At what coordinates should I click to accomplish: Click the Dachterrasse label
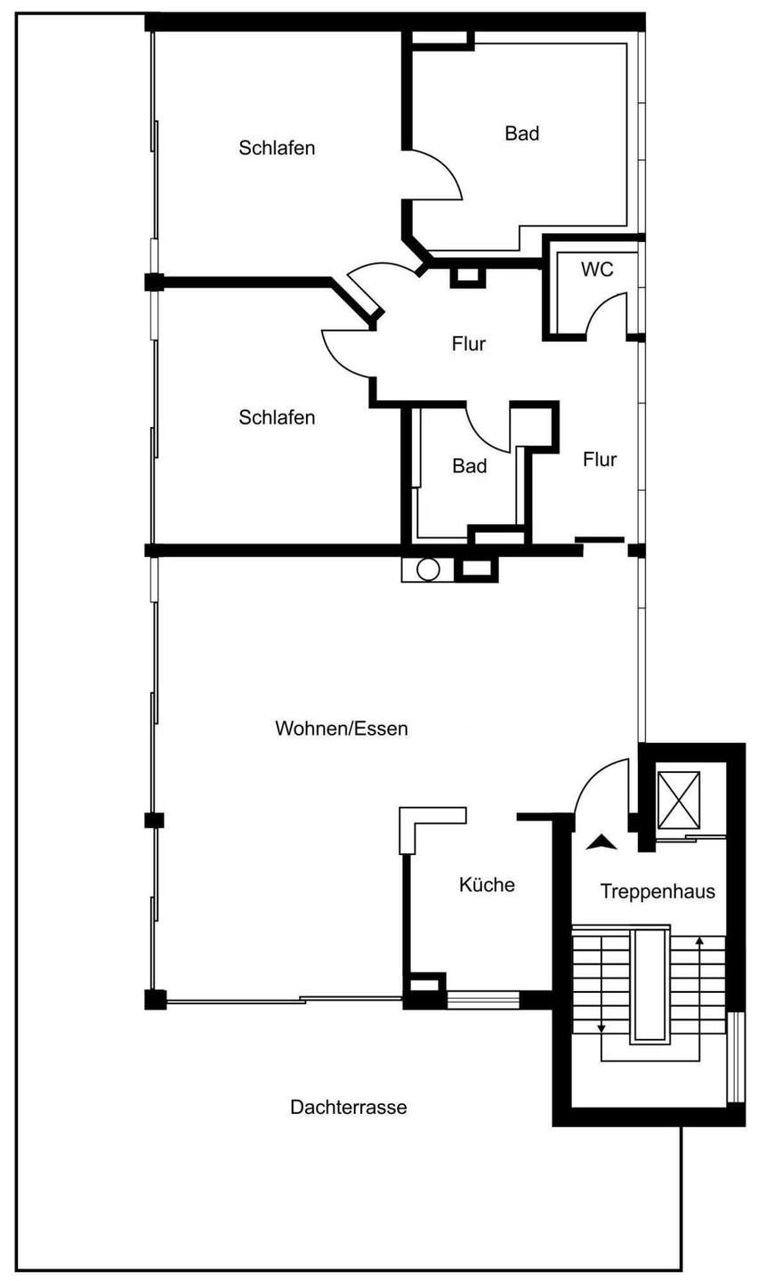coord(349,1107)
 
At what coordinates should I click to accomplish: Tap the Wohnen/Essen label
coord(342,728)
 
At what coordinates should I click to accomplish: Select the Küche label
coord(487,884)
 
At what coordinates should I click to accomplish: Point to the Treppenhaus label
coord(657,891)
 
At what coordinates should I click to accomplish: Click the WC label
coord(597,269)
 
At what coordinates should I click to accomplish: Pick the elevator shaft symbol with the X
coord(679,800)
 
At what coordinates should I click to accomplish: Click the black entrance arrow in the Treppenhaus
coord(601,842)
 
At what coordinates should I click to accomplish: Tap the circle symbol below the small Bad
coord(428,569)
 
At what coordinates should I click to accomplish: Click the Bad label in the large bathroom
coord(521,133)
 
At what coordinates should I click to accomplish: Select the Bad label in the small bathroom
coord(470,465)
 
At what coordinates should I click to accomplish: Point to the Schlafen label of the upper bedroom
coord(277,148)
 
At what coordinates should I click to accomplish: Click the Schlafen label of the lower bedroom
coord(277,417)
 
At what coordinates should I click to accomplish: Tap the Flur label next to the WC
coord(469,343)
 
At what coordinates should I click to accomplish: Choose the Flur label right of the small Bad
coord(600,459)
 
